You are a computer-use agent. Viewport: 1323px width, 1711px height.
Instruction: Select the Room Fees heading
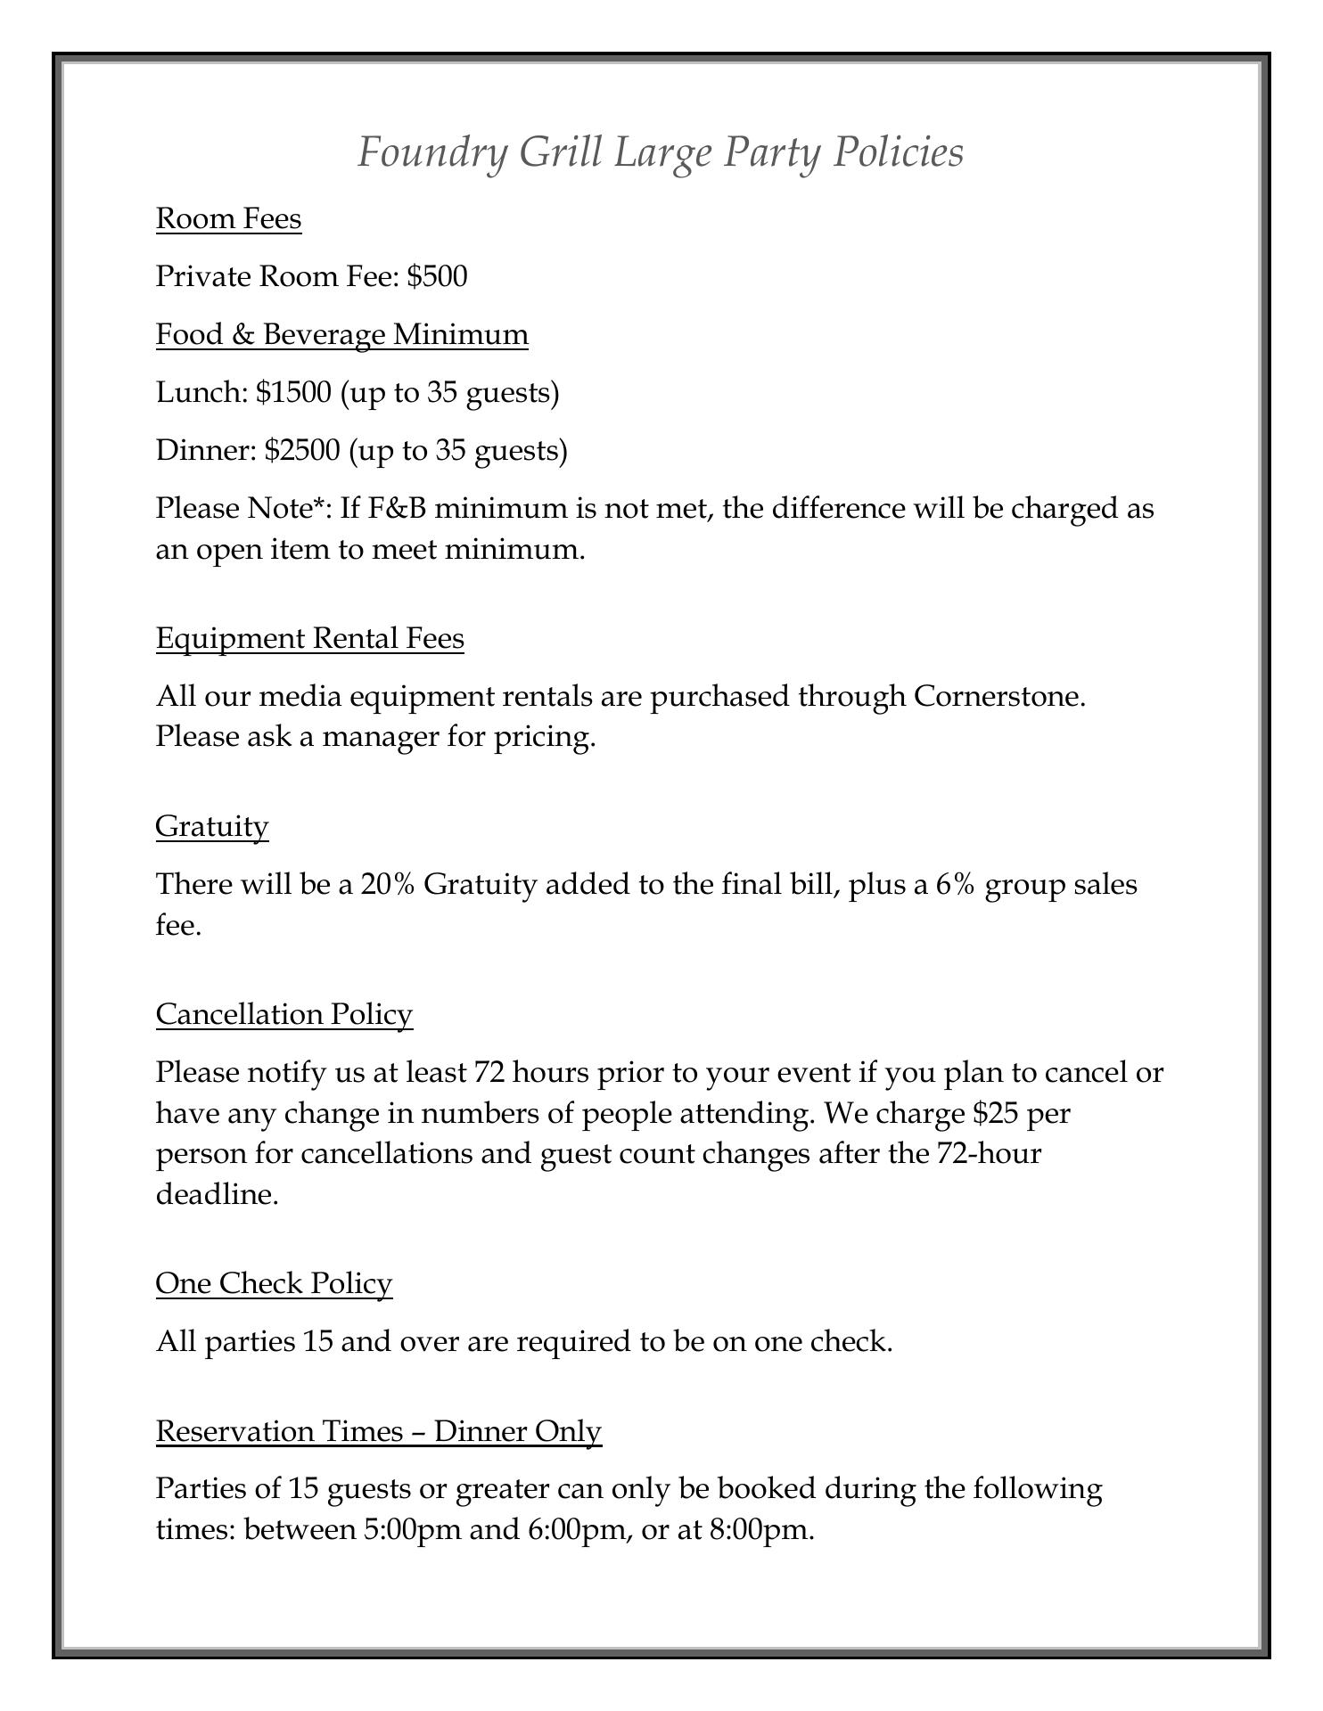pos(228,218)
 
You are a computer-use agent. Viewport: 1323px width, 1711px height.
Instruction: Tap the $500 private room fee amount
pos(437,276)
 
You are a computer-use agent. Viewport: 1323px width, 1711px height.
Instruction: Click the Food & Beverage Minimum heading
pos(341,334)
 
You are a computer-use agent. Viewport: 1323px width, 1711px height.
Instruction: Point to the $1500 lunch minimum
pos(293,392)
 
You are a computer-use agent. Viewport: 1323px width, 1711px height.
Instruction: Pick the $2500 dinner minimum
pos(302,450)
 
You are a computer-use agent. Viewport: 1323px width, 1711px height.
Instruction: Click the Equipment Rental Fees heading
pos(309,638)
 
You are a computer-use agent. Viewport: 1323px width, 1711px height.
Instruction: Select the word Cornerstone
pos(998,696)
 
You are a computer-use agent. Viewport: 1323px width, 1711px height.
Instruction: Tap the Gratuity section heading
pos(211,826)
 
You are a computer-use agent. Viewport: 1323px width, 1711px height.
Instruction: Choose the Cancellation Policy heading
pos(283,1014)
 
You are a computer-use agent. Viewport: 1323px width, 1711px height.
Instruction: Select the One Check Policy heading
pos(274,1283)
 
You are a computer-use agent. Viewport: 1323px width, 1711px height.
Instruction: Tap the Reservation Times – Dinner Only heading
pos(378,1431)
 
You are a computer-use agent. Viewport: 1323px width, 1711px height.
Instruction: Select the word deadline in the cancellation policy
pos(217,1194)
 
